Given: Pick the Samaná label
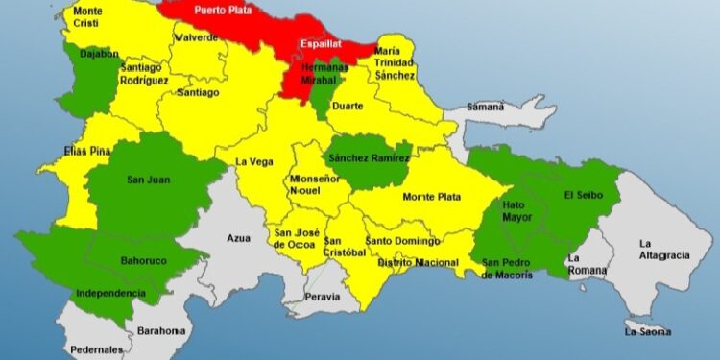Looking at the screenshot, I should (486, 108).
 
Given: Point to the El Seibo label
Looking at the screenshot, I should (583, 196).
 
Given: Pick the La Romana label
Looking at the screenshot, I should (587, 264).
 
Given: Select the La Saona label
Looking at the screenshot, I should (647, 332).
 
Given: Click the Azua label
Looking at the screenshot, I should (238, 238).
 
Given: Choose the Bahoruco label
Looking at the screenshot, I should (144, 260).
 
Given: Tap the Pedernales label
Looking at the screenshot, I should (95, 350).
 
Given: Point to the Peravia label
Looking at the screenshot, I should (323, 297).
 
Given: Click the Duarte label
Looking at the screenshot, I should (347, 106).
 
